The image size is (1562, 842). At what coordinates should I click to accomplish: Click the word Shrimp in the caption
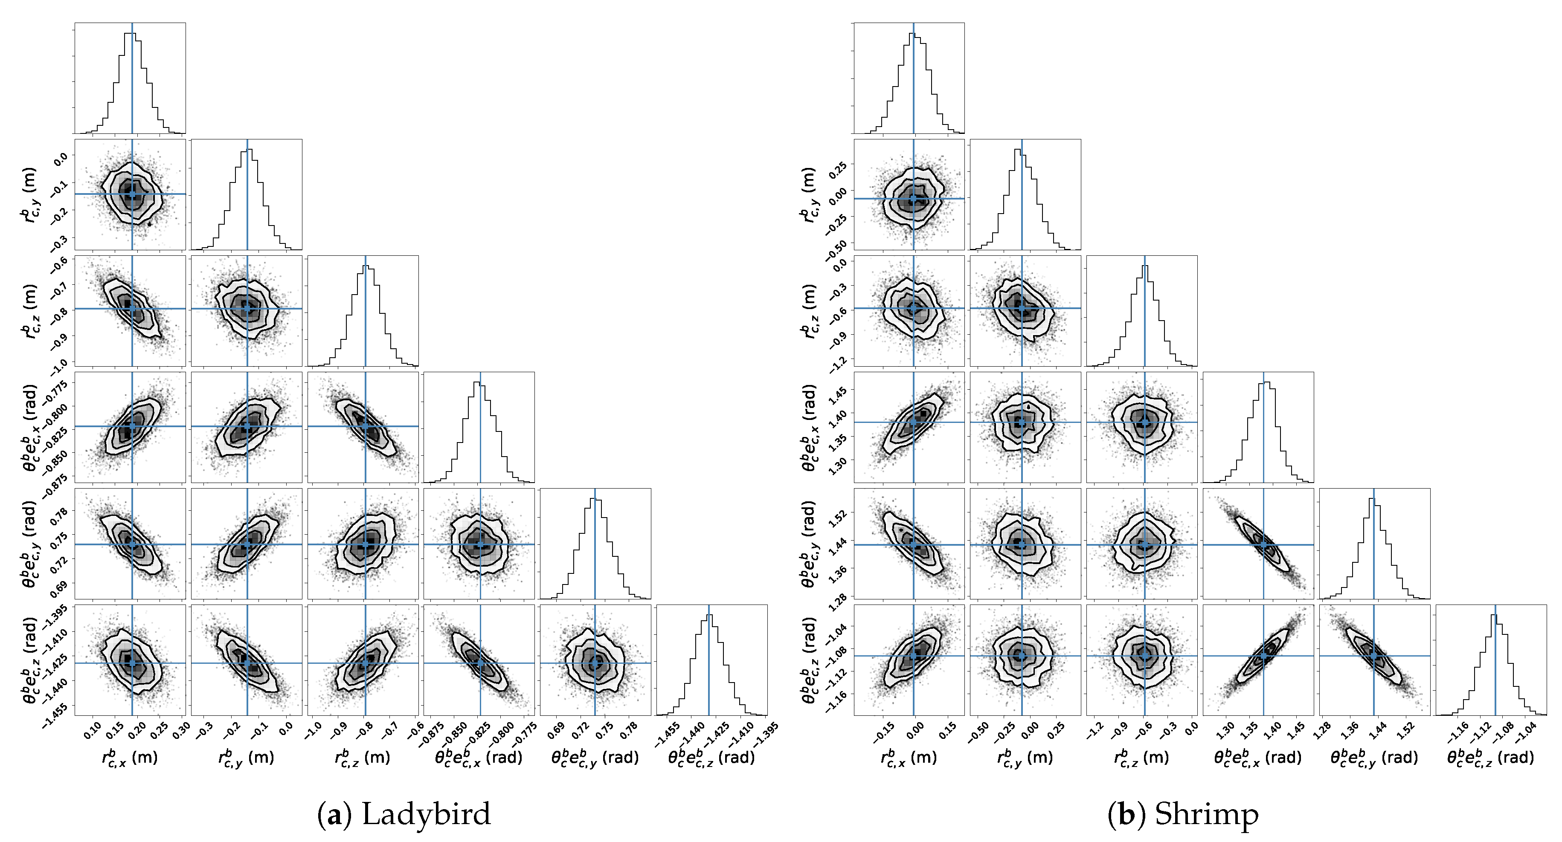(1206, 813)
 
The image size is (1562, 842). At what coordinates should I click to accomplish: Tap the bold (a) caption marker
(334, 813)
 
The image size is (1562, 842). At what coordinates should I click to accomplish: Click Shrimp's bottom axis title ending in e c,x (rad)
(1257, 758)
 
